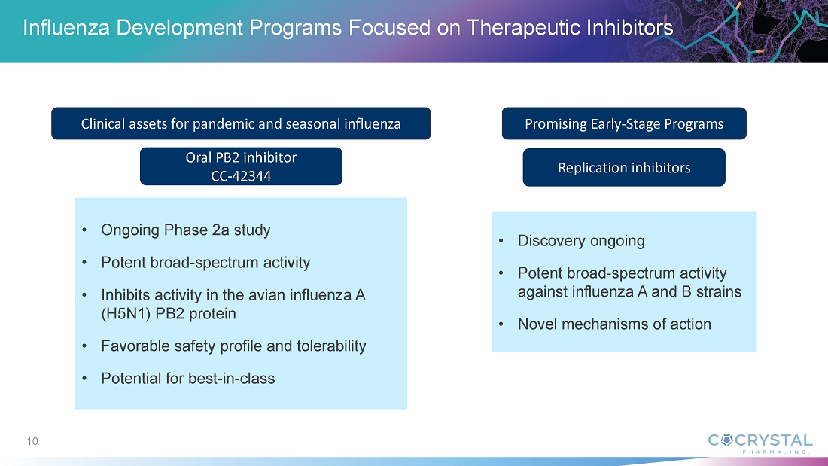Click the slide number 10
click(x=32, y=441)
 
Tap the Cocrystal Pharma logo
click(x=760, y=443)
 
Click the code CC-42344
click(x=241, y=176)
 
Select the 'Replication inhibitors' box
click(x=624, y=167)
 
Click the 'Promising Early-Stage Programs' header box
click(x=624, y=123)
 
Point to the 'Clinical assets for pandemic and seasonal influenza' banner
click(x=241, y=123)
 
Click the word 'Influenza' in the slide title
click(x=66, y=27)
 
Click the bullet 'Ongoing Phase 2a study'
click(x=186, y=230)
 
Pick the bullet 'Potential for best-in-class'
click(x=188, y=378)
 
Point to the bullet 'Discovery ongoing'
click(x=581, y=241)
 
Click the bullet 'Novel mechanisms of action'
click(x=614, y=324)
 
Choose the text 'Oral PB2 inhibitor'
click(x=241, y=157)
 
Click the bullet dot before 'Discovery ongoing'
click(x=501, y=241)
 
